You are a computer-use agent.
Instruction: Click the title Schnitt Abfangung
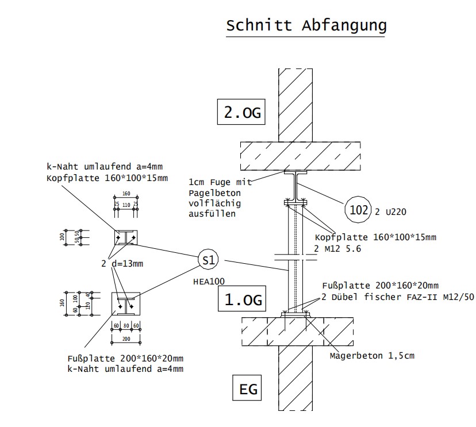click(x=306, y=26)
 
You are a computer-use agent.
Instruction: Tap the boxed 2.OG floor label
click(x=242, y=112)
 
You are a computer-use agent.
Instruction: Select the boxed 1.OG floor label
click(x=242, y=299)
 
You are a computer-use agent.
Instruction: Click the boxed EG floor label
click(x=248, y=390)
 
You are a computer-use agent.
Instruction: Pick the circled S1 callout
click(x=209, y=260)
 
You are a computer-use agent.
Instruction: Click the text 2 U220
click(x=391, y=211)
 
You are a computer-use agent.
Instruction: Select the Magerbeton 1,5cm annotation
click(x=371, y=356)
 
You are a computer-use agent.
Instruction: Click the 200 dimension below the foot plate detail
click(x=126, y=339)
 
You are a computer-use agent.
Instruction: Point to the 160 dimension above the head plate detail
click(x=126, y=194)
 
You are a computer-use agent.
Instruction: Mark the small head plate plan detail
click(x=125, y=237)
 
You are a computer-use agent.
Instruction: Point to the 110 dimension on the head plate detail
click(x=126, y=203)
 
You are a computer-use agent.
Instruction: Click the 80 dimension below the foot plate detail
click(x=126, y=325)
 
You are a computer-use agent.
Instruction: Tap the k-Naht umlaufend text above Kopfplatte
click(x=97, y=167)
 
